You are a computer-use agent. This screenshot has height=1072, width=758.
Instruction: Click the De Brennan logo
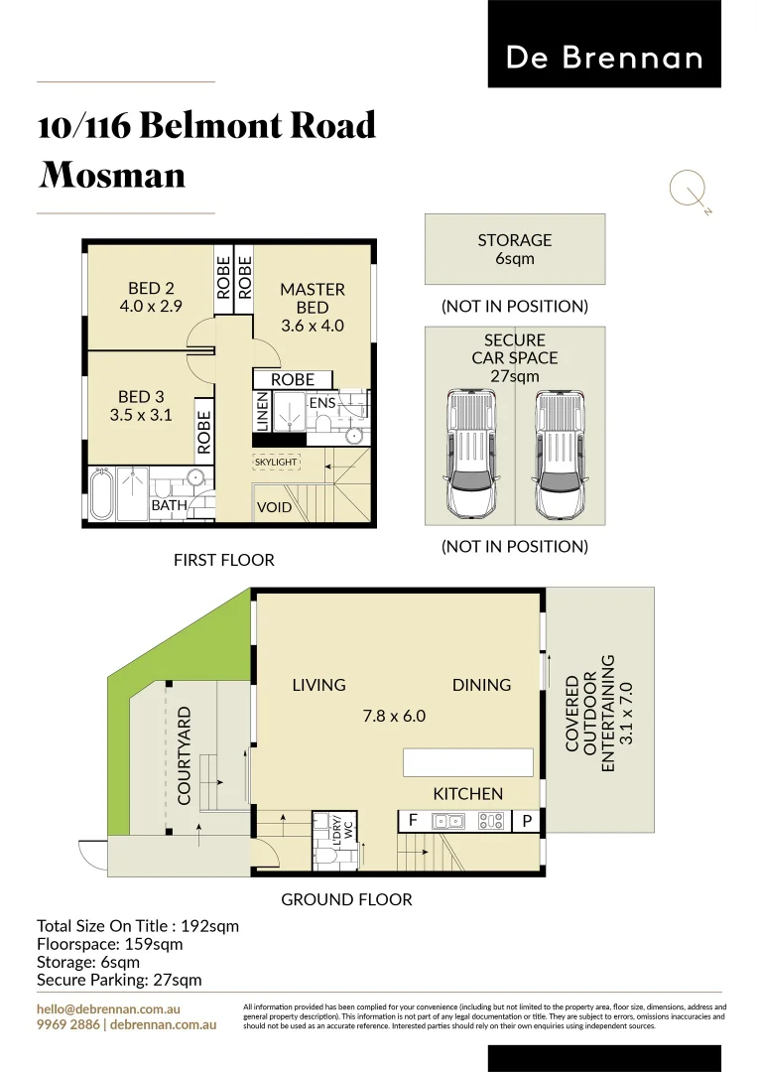(x=604, y=57)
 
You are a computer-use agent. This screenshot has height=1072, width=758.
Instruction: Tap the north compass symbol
(x=688, y=189)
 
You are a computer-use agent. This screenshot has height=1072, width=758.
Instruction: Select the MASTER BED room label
(x=313, y=298)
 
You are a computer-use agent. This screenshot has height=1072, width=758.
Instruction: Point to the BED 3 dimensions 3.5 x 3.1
(x=141, y=415)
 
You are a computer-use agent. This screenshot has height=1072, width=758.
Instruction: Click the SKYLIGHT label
(x=276, y=463)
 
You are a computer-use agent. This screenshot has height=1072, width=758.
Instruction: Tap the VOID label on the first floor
(x=275, y=507)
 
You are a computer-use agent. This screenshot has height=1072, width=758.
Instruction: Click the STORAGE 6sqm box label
(x=514, y=249)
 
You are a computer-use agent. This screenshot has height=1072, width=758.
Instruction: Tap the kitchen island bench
(x=467, y=762)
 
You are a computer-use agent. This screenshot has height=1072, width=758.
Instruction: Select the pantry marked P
(x=526, y=822)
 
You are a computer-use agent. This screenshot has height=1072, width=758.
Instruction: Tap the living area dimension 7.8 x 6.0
(x=393, y=715)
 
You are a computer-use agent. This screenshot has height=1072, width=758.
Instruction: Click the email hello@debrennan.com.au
(x=108, y=1007)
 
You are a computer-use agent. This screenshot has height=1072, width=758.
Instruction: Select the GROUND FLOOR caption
(x=346, y=899)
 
